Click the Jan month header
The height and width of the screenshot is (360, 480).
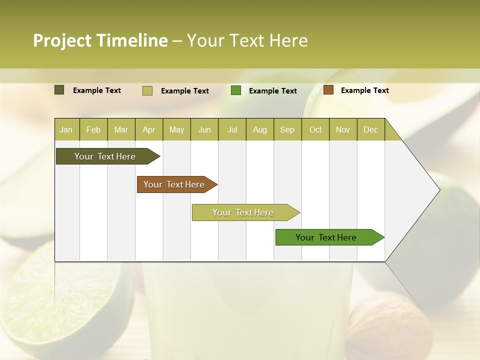[66, 129]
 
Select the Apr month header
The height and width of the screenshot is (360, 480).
[148, 129]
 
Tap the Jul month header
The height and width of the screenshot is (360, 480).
[232, 129]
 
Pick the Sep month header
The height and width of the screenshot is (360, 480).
[287, 129]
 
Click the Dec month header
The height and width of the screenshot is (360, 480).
[370, 129]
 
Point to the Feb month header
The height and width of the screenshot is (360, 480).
[93, 129]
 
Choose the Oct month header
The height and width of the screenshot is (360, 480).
[315, 129]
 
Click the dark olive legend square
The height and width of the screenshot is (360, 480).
[59, 90]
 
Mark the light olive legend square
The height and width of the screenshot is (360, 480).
[147, 90]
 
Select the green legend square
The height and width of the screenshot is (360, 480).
[236, 90]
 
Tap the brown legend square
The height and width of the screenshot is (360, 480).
[328, 90]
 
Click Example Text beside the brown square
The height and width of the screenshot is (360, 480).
[364, 90]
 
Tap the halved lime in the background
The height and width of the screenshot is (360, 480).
[65, 295]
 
